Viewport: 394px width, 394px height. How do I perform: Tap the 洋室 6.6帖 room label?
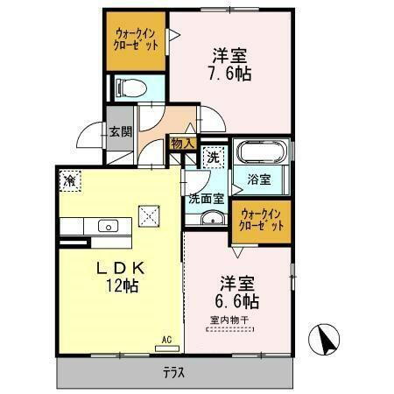coord(237,292)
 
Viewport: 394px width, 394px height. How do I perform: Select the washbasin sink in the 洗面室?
coord(210,219)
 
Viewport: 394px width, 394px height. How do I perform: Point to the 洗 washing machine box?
coord(213,158)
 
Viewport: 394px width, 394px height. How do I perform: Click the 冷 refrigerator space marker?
coord(69,180)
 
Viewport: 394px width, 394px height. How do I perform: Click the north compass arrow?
coord(325,339)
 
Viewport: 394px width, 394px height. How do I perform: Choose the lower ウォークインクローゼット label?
coord(261,220)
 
